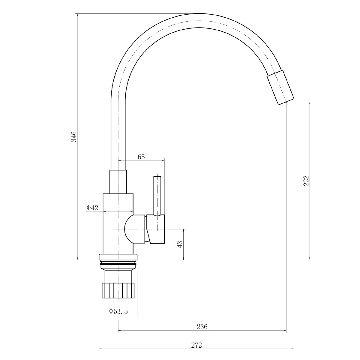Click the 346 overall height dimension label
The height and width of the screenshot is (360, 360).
click(74, 136)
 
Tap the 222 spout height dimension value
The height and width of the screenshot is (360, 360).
click(306, 181)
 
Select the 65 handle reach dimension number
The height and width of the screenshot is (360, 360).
click(141, 157)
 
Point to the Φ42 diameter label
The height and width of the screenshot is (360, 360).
click(92, 208)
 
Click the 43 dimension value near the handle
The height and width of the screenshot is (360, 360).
click(180, 244)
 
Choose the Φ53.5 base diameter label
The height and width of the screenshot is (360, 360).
click(118, 311)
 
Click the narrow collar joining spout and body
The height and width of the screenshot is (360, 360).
click(118, 182)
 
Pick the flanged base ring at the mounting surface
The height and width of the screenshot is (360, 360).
click(118, 257)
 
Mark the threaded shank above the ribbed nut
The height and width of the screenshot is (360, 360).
click(118, 277)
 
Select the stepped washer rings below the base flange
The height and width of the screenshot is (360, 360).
click(118, 265)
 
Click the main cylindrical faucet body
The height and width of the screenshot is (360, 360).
click(118, 224)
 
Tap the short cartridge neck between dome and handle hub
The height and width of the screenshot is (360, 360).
click(139, 229)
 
